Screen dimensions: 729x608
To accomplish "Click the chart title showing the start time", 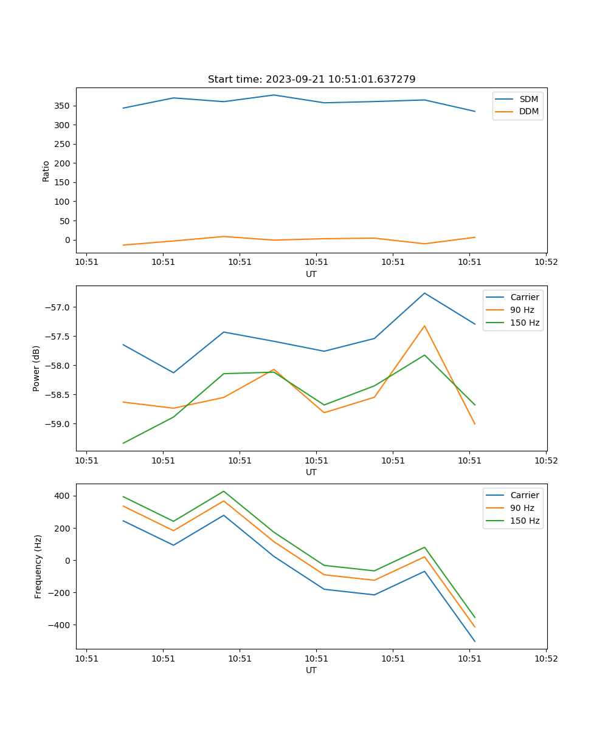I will click(x=311, y=80).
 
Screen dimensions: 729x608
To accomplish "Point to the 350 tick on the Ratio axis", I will click(x=63, y=106).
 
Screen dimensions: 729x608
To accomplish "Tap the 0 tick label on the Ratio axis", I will click(x=67, y=240).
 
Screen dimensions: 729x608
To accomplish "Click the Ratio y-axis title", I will click(x=46, y=170).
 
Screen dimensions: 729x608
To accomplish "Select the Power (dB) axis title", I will click(x=37, y=368).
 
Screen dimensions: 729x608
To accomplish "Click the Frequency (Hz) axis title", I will click(x=38, y=566).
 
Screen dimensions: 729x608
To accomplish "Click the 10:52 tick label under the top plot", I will click(x=545, y=262).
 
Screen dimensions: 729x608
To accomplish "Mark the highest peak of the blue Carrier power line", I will click(x=424, y=293).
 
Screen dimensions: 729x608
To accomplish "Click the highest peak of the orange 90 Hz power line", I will click(x=424, y=326).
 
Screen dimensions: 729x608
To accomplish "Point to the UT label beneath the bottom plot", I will click(x=311, y=670).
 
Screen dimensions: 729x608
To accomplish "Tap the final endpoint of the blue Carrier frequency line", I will click(x=475, y=641).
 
